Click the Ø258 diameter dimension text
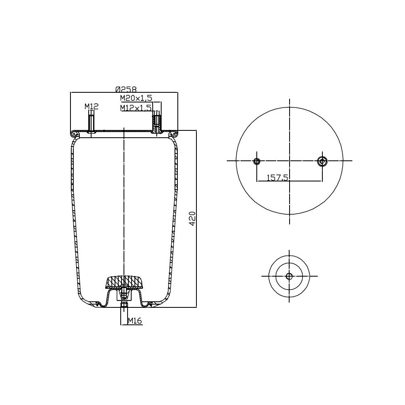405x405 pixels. click(x=126, y=89)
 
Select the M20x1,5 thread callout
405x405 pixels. click(x=136, y=98)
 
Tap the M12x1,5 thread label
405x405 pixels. click(x=136, y=108)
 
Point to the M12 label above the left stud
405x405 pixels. click(x=92, y=107)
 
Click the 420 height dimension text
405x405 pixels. click(x=193, y=219)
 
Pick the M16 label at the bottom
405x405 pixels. click(x=134, y=321)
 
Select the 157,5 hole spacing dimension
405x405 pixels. click(x=277, y=177)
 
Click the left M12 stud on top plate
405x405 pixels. click(x=92, y=124)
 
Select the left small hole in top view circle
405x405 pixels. click(x=256, y=161)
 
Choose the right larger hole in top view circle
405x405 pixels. click(x=322, y=161)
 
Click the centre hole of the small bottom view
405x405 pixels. click(x=289, y=276)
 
